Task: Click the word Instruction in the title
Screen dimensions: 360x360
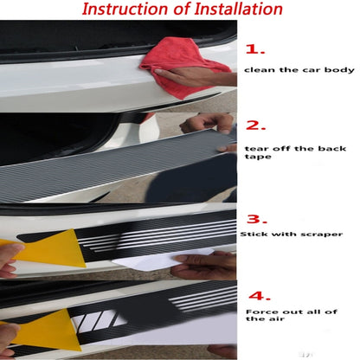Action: point(125,9)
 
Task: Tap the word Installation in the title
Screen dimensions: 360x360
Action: point(238,9)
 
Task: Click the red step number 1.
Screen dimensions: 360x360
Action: point(255,49)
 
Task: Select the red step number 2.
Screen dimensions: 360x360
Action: point(256,125)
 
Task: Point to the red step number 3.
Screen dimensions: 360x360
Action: point(257,219)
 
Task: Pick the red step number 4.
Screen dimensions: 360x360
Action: point(260,296)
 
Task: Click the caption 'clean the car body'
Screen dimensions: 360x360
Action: point(299,70)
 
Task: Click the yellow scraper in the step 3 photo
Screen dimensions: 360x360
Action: point(50,248)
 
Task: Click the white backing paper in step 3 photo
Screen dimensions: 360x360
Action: point(162,260)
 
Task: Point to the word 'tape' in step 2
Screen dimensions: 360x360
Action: point(258,157)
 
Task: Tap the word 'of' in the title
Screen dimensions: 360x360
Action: point(181,9)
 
